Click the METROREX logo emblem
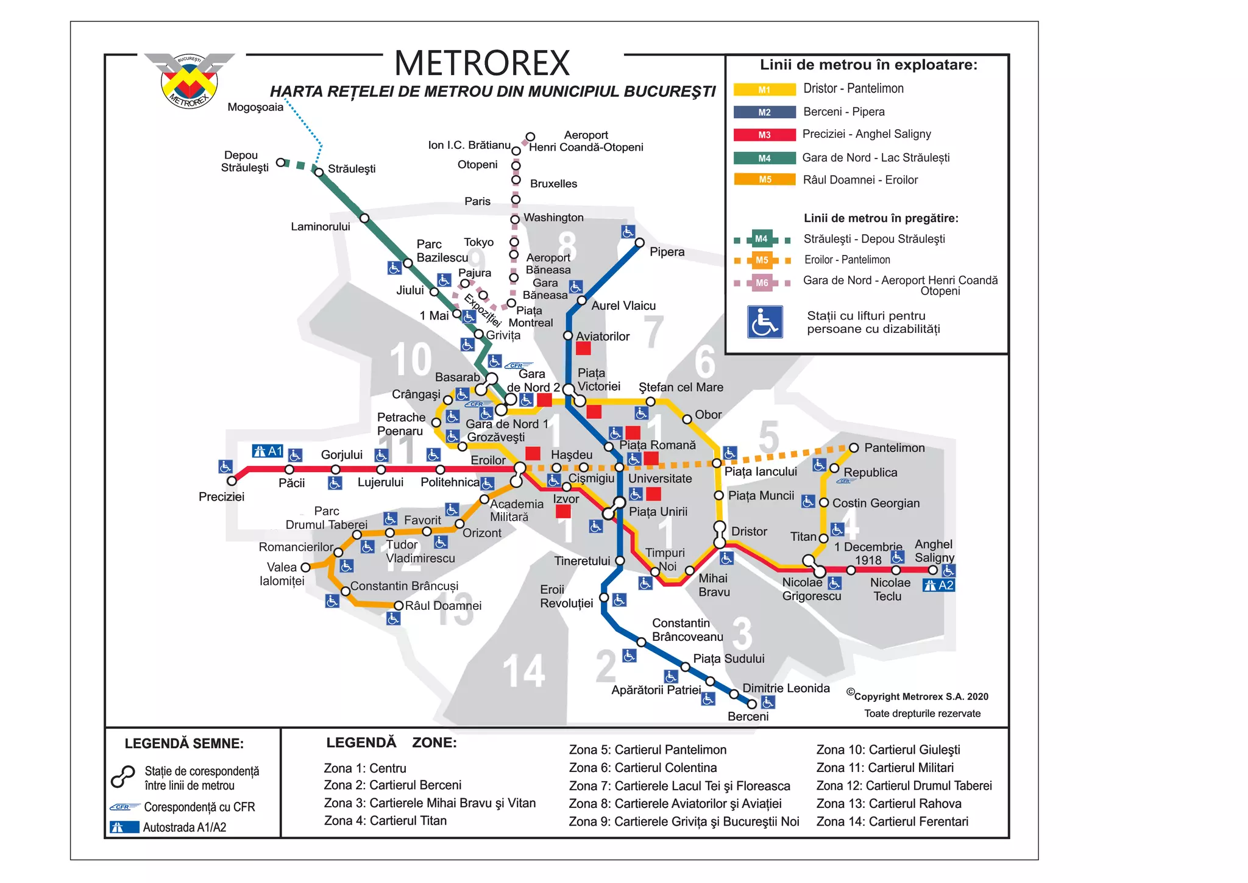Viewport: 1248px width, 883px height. [x=189, y=81]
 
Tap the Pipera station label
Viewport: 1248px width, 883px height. [x=667, y=252]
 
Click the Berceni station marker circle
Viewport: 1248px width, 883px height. [x=752, y=704]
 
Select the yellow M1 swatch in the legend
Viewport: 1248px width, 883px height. [x=764, y=90]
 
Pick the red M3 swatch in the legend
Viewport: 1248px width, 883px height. [x=764, y=135]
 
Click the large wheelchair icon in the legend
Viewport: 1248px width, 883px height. [x=764, y=321]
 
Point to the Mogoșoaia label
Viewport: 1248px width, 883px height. [x=255, y=107]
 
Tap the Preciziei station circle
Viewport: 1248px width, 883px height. [x=232, y=481]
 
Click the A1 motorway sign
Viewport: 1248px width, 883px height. [x=268, y=451]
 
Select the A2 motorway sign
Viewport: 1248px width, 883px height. [x=939, y=585]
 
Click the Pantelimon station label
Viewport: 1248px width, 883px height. [x=894, y=448]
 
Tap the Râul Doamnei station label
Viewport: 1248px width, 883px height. [x=443, y=606]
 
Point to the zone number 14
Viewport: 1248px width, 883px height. [x=523, y=671]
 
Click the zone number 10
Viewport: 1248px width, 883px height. [x=411, y=360]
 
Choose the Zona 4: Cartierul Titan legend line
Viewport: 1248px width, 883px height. [x=385, y=821]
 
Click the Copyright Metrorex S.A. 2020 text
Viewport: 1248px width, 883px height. [x=921, y=696]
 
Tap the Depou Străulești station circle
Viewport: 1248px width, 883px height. [x=281, y=163]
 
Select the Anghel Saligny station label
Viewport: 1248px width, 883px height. [x=934, y=551]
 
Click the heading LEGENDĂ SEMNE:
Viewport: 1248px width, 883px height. [x=184, y=743]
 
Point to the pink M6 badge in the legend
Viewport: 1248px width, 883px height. [x=762, y=283]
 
